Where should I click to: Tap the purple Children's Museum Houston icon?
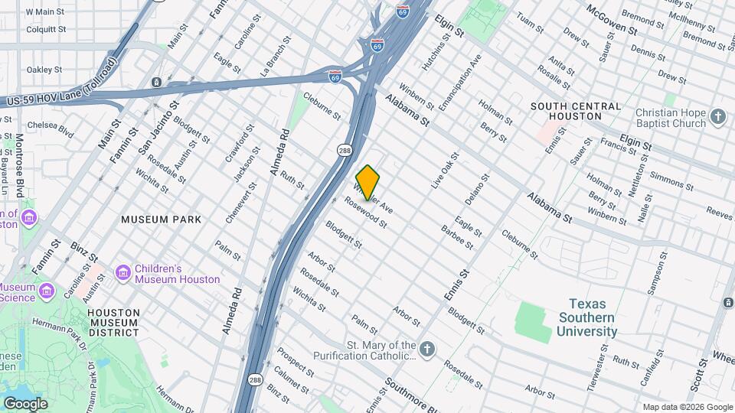[x=122, y=273]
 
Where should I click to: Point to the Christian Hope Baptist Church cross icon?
[x=717, y=117]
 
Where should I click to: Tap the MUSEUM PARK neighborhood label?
[x=162, y=220]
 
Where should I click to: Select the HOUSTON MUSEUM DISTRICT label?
[x=113, y=323]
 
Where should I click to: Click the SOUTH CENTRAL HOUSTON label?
[x=576, y=111]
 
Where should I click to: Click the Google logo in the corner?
[x=25, y=404]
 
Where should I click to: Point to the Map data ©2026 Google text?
[x=687, y=407]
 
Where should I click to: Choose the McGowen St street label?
[x=612, y=20]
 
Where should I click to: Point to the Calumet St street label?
[x=292, y=379]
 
